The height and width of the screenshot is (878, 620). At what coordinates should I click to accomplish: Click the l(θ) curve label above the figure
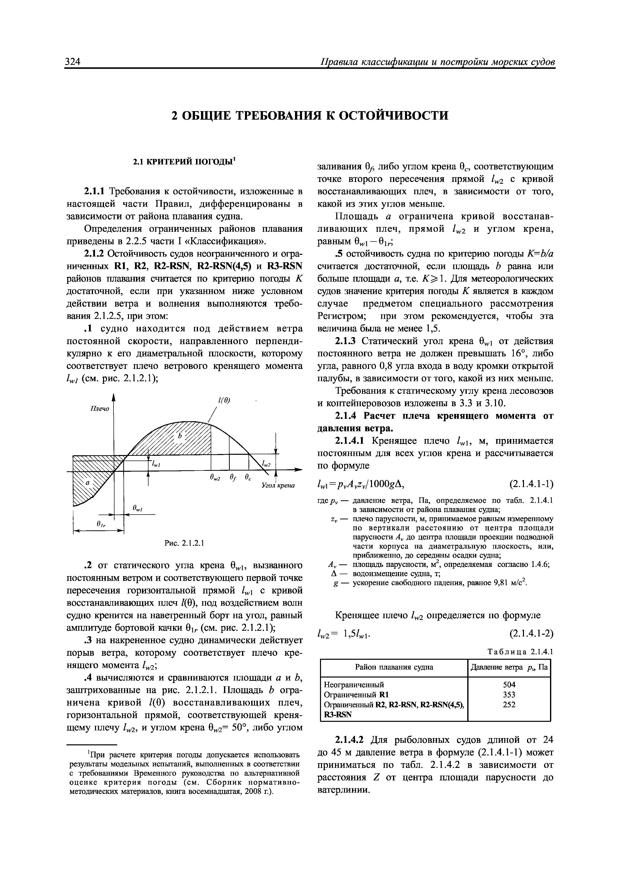point(224,400)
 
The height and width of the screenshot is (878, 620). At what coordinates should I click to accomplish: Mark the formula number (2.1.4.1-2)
point(531,634)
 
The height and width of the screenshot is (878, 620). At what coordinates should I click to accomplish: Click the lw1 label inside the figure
point(156,465)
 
